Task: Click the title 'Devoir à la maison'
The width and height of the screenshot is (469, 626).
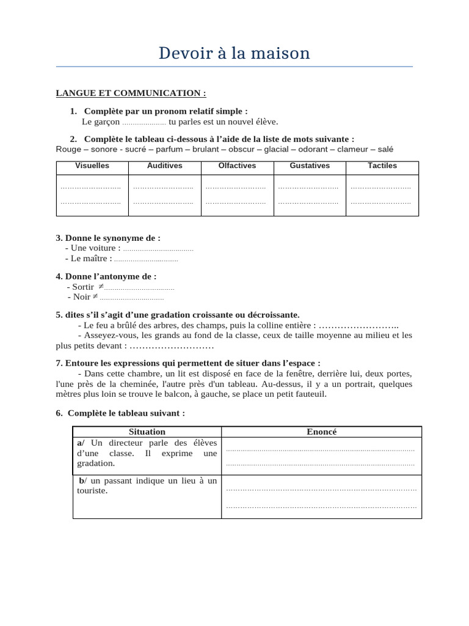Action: (234, 54)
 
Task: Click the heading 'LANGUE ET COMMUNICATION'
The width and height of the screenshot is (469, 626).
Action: (131, 93)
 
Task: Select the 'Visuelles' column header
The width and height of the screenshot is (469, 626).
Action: (92, 166)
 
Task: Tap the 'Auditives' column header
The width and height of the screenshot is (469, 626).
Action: (164, 166)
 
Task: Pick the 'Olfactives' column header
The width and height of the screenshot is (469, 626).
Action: (237, 166)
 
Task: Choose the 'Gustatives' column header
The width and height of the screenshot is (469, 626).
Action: (310, 166)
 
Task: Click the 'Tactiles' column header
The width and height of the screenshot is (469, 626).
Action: (382, 166)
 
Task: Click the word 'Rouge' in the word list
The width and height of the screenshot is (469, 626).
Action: (67, 149)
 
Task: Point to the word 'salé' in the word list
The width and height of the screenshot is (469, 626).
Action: (385, 149)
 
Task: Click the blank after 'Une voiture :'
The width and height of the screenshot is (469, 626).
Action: (158, 249)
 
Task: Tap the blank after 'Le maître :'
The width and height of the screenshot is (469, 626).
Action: (146, 259)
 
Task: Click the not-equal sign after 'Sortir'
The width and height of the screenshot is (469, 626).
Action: (101, 286)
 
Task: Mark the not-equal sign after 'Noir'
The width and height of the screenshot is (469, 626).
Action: (95, 296)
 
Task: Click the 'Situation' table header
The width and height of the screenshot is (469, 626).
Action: (147, 432)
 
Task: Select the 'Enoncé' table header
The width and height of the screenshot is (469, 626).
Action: (321, 432)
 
